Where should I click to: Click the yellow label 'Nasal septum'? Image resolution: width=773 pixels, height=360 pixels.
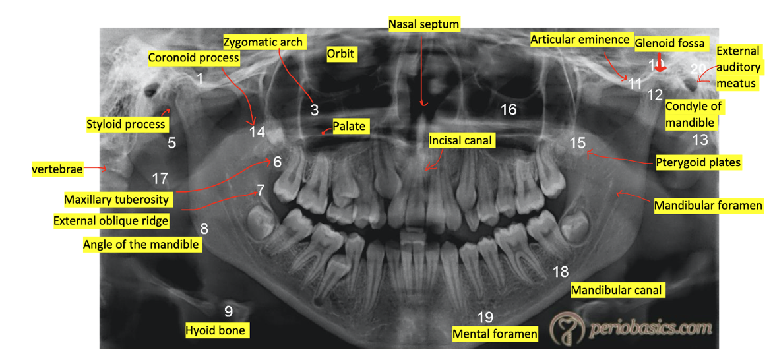tap(423, 24)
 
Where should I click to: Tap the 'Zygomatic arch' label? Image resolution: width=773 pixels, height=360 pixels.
tap(263, 42)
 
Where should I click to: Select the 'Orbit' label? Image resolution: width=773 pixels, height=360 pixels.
tap(340, 54)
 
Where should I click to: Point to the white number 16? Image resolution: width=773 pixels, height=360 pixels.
tap(509, 109)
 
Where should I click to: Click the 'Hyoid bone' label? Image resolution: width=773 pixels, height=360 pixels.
tap(216, 330)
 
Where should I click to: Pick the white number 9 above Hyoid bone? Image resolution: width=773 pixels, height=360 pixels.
tap(228, 311)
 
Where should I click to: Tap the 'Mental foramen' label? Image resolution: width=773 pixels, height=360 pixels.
tap(495, 334)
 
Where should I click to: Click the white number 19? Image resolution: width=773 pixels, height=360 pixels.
tap(485, 317)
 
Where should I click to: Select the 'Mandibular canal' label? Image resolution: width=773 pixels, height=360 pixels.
tap(616, 290)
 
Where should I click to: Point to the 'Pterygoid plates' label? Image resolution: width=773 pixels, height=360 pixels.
tap(698, 162)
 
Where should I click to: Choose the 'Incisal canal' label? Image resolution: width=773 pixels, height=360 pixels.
tap(461, 140)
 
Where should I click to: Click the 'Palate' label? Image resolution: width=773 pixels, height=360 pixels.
tap(349, 126)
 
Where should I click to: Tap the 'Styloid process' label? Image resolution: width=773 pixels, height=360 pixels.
tap(125, 123)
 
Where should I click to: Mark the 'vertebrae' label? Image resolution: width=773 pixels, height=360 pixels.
tap(57, 169)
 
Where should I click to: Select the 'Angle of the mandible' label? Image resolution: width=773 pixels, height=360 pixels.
tap(141, 244)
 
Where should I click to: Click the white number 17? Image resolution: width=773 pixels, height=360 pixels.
tap(160, 178)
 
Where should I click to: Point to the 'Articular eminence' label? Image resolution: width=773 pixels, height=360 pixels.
tap(580, 40)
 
